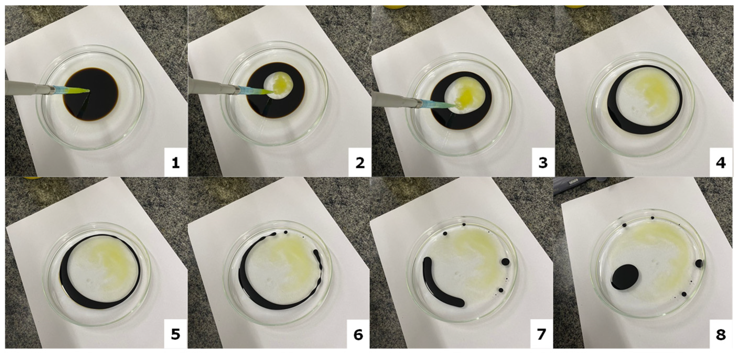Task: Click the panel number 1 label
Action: (176, 164)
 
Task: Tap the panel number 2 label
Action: (360, 164)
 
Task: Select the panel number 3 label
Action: (543, 164)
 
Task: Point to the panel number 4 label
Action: (721, 164)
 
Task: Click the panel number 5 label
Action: (176, 334)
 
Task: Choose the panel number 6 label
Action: (358, 334)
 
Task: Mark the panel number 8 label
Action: (721, 334)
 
